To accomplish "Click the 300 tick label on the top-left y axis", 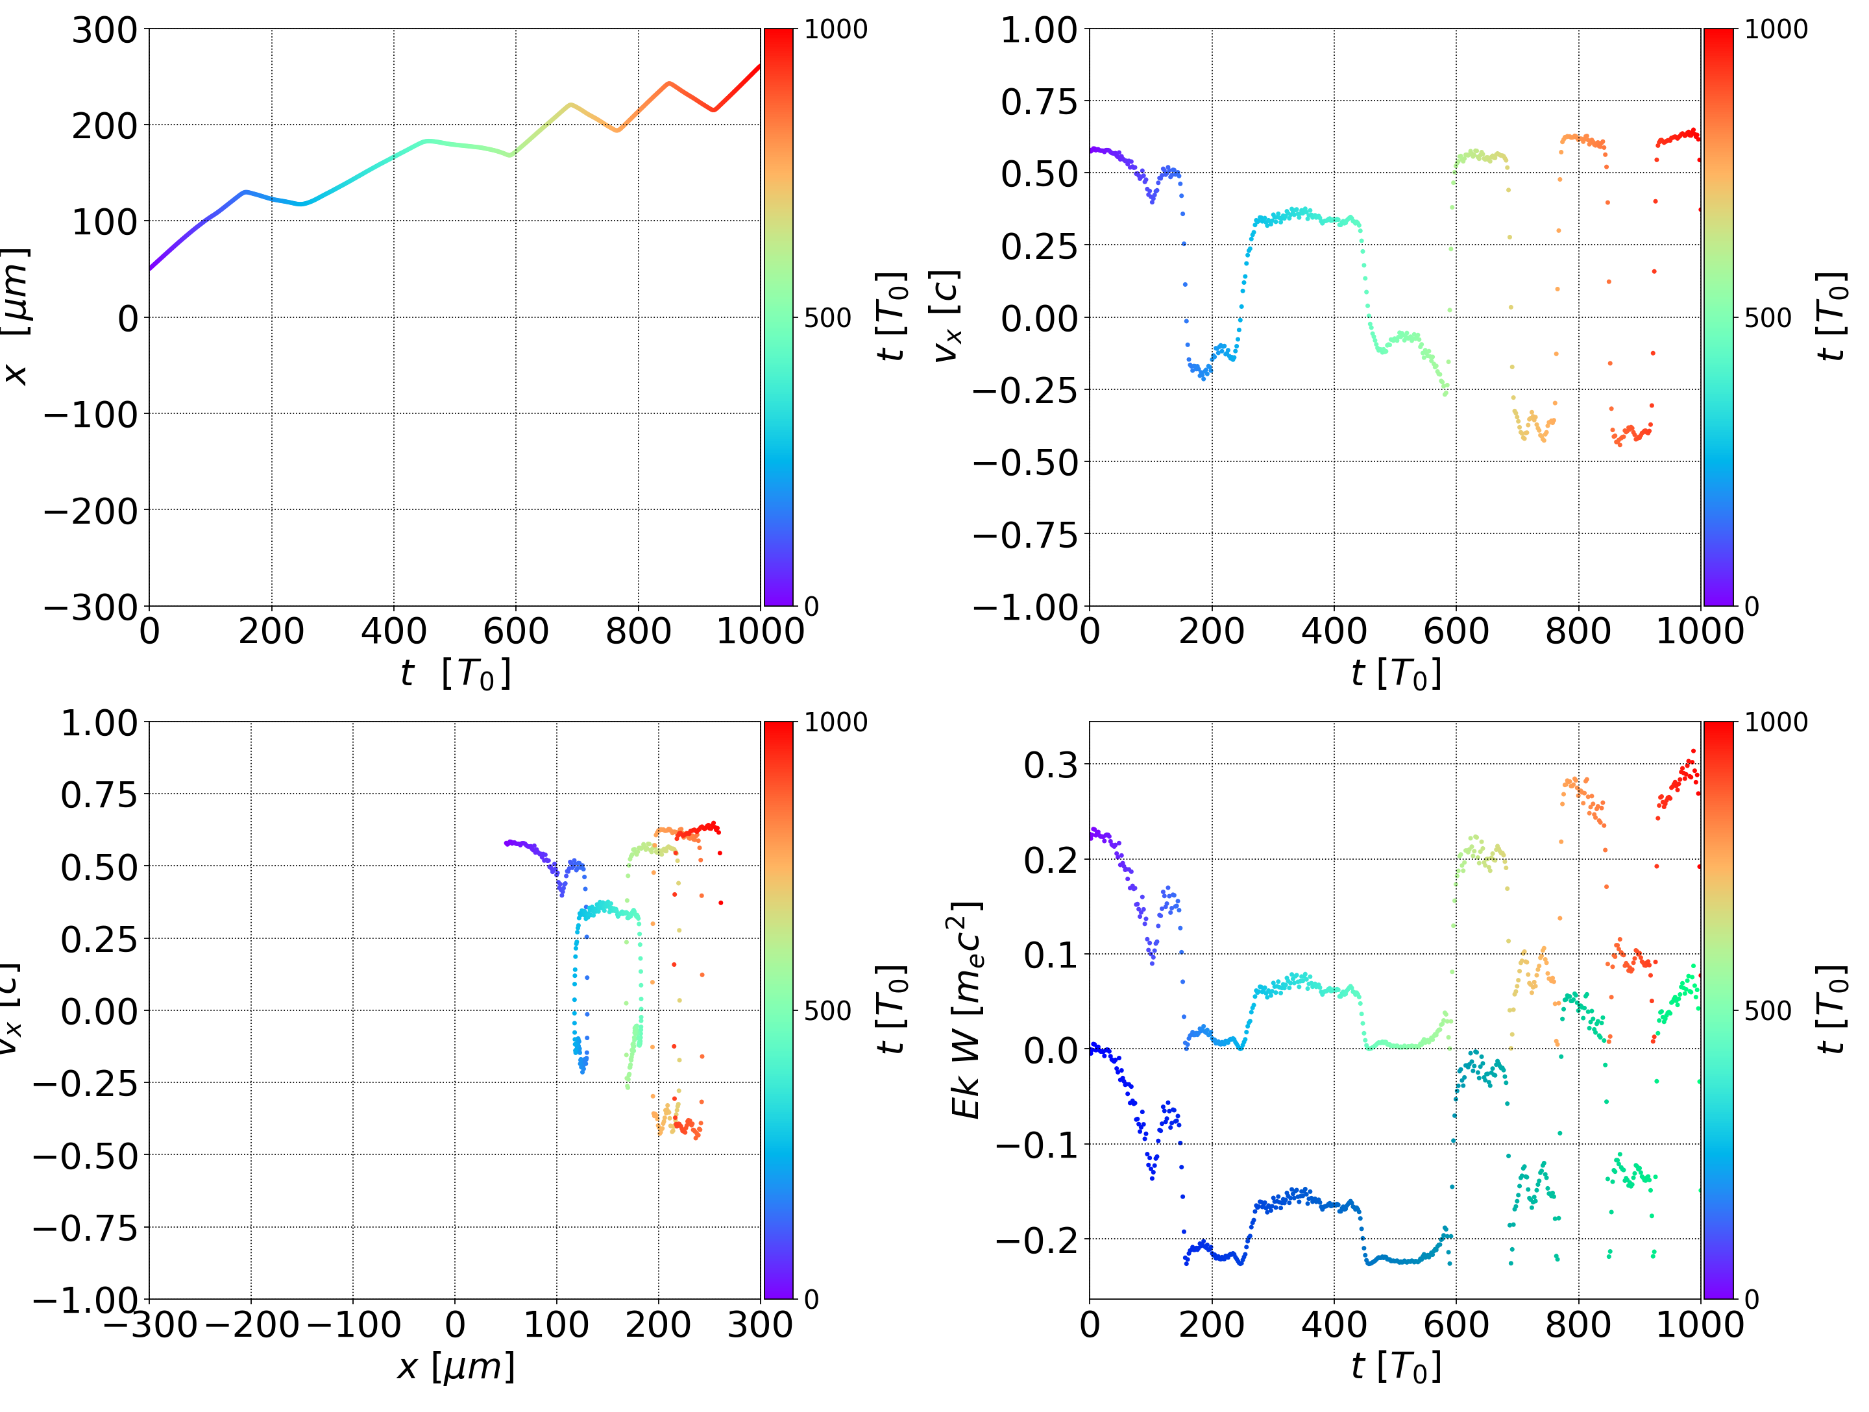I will [x=104, y=30].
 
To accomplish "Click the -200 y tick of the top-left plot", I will [x=90, y=511].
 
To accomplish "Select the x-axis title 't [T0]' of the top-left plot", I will [x=456, y=674].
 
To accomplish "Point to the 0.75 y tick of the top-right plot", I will [x=1040, y=103].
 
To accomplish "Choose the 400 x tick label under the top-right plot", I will [x=1334, y=632].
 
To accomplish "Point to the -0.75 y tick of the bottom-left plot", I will [x=86, y=1228].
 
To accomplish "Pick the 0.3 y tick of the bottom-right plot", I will [x=1051, y=765].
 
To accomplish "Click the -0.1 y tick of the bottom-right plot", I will [x=1038, y=1146].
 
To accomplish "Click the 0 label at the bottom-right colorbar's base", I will [x=1752, y=1299].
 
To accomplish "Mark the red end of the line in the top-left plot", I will [x=759, y=66].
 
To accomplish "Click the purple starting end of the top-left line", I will [x=151, y=269].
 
